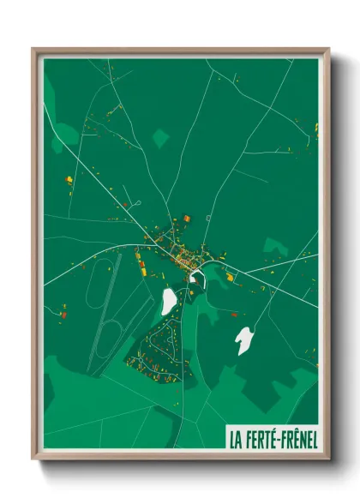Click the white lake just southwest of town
tap(169, 300)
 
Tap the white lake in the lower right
tap(244, 339)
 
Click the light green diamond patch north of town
tap(160, 136)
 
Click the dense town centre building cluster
tap(183, 253)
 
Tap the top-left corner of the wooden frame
tap(33, 49)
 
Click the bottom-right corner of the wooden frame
tap(328, 459)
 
